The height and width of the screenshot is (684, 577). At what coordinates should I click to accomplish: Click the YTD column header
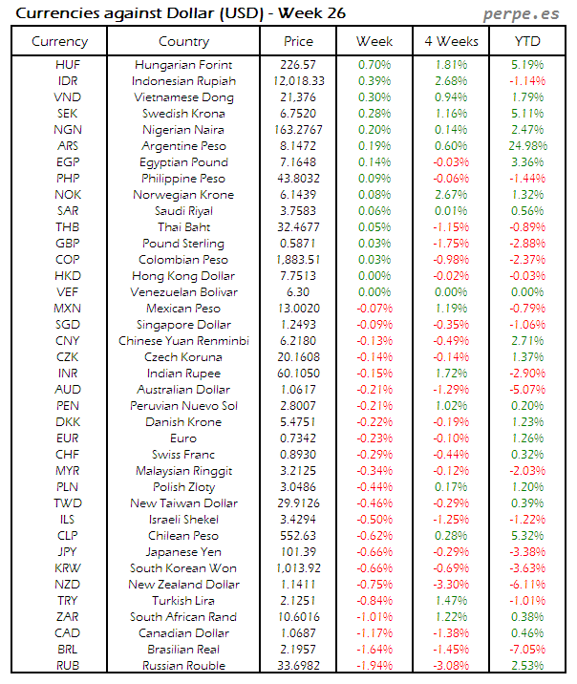click(x=527, y=41)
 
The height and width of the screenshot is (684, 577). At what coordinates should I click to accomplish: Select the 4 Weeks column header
click(x=451, y=41)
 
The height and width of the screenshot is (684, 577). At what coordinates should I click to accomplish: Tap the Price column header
click(x=298, y=41)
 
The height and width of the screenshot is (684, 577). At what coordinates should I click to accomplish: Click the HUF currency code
click(x=68, y=65)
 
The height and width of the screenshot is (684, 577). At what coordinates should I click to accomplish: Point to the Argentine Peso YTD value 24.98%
click(x=527, y=146)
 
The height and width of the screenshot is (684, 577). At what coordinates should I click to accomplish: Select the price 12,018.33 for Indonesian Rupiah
click(x=298, y=81)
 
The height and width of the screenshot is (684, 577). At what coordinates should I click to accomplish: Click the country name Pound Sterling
click(x=183, y=244)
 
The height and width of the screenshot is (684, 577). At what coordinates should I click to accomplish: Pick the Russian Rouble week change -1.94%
click(x=374, y=666)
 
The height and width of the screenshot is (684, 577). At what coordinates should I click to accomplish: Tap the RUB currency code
click(x=68, y=666)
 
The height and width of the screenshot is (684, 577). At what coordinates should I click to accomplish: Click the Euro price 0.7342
click(x=298, y=438)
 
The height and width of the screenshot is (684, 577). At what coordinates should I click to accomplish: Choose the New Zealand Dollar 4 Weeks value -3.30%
click(x=451, y=585)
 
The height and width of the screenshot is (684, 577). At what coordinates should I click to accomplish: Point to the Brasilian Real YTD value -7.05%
click(x=527, y=650)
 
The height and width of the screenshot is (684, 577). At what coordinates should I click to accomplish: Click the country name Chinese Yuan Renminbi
click(x=183, y=341)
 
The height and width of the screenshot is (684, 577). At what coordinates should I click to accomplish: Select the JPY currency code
click(x=68, y=552)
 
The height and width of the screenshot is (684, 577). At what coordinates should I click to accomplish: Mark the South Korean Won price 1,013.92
click(x=298, y=568)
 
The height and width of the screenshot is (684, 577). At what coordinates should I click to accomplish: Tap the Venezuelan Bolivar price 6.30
click(x=298, y=292)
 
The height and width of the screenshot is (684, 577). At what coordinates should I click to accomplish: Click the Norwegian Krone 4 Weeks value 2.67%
click(x=451, y=195)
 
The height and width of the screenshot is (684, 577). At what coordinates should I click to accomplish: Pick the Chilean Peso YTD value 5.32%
click(x=527, y=536)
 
